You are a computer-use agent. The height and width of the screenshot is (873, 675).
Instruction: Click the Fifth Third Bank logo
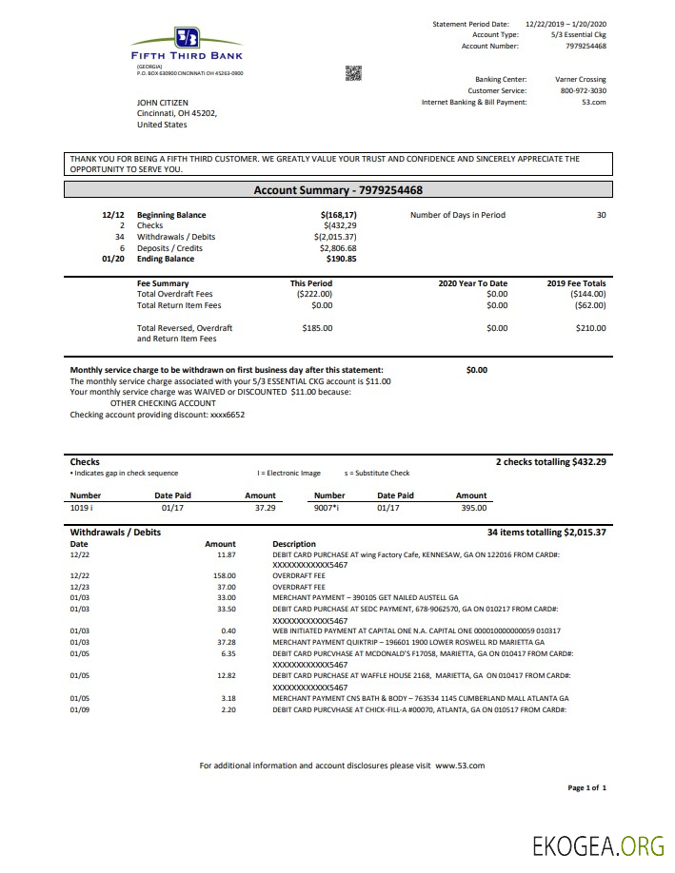(187, 44)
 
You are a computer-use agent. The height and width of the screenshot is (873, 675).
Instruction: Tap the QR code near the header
(353, 72)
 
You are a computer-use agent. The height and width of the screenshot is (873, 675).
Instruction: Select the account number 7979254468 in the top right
(586, 46)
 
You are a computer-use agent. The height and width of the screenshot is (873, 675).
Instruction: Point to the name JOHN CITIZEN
(163, 102)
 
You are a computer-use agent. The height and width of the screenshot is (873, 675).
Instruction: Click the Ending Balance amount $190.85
(341, 259)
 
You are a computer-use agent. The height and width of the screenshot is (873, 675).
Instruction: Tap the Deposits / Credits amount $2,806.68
(338, 247)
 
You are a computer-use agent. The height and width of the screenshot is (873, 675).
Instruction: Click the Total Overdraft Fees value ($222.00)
(314, 294)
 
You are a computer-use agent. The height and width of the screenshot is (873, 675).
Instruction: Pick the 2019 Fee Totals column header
(577, 283)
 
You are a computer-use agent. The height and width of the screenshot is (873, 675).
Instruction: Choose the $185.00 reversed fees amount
(317, 328)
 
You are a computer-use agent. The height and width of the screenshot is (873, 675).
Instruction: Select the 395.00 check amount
(473, 509)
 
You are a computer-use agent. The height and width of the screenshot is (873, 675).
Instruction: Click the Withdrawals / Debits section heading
(115, 532)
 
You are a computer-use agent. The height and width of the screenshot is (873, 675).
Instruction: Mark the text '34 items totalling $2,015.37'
(546, 532)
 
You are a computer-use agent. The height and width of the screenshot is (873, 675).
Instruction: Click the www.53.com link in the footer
(460, 766)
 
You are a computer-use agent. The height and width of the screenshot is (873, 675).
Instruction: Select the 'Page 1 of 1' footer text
(586, 787)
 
